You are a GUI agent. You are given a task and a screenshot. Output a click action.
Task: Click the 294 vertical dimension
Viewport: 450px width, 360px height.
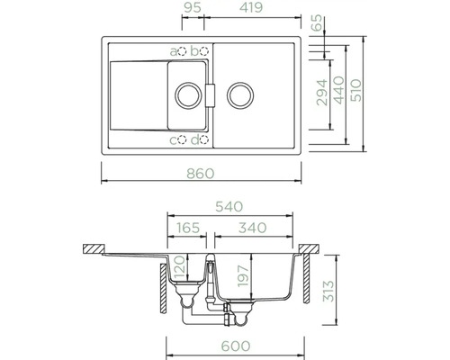321,92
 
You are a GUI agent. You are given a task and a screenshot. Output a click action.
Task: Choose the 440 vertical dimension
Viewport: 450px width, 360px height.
338,92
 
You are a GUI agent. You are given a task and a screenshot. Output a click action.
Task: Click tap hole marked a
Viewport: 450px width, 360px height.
183,50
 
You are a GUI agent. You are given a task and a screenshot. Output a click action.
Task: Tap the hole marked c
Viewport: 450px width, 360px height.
183,139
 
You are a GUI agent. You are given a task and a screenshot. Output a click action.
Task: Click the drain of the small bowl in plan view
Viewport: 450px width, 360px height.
187,93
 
